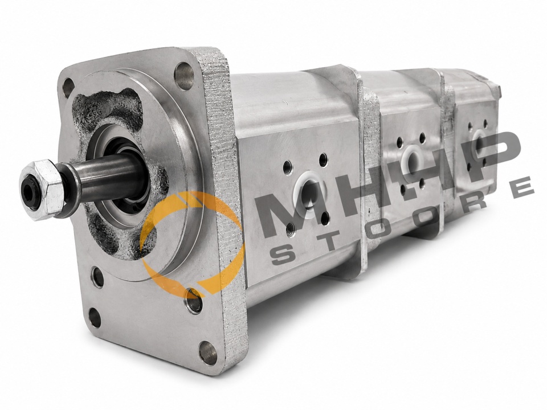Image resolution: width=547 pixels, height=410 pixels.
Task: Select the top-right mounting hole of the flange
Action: pyautogui.click(x=184, y=76)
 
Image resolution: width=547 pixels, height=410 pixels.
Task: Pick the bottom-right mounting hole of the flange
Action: pyautogui.click(x=208, y=353)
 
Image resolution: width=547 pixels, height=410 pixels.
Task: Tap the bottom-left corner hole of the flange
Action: pyautogui.click(x=95, y=317)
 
